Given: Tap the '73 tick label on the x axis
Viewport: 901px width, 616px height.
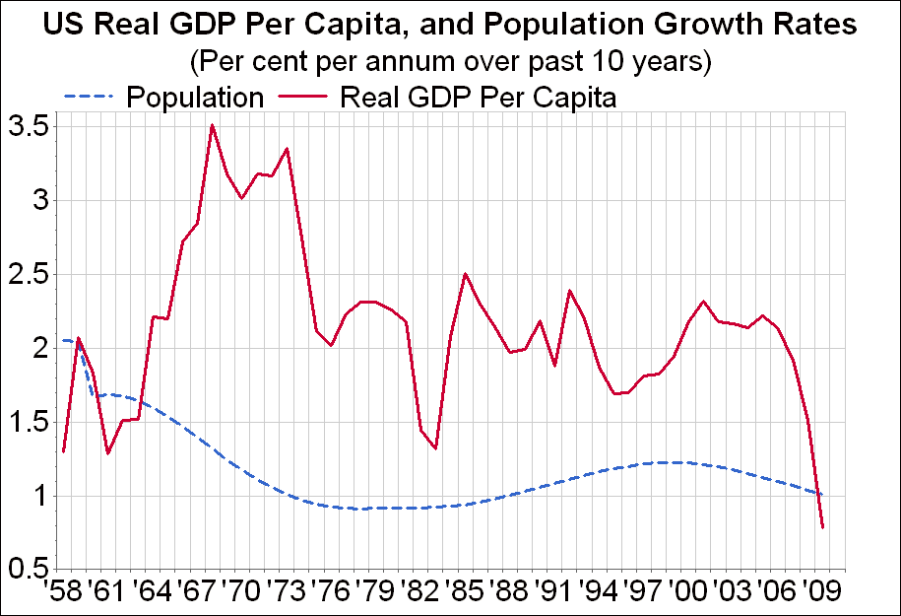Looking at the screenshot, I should pyautogui.click(x=286, y=595).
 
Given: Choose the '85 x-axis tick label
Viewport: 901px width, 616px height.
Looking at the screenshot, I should pyautogui.click(x=465, y=595).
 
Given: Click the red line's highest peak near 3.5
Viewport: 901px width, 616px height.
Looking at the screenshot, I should pyautogui.click(x=212, y=125).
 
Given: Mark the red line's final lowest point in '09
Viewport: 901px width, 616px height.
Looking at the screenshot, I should pyautogui.click(x=822, y=527).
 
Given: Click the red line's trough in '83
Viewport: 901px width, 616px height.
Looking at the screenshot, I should pyautogui.click(x=435, y=448).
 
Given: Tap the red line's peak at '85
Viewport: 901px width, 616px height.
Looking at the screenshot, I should pyautogui.click(x=465, y=273).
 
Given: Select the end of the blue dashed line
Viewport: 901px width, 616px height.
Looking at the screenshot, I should pyautogui.click(x=822, y=494).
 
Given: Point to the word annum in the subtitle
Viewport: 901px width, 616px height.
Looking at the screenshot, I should pyautogui.click(x=399, y=61).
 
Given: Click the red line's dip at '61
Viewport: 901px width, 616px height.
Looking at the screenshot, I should pyautogui.click(x=107, y=453).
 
